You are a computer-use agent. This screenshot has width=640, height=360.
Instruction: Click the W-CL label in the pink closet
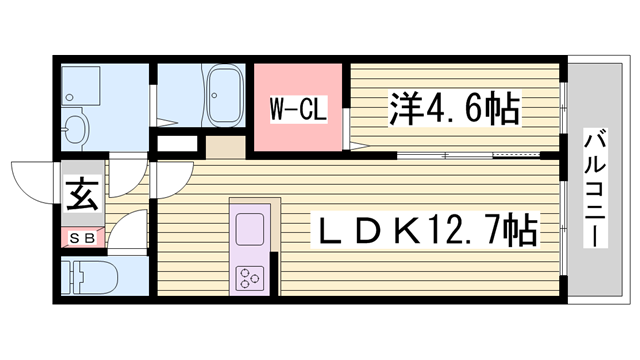tap(298, 109)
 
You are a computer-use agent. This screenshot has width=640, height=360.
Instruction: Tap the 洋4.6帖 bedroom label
tap(452, 108)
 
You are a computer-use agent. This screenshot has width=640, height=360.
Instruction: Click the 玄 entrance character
tap(81, 191)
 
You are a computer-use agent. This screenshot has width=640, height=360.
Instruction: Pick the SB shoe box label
tap(81, 237)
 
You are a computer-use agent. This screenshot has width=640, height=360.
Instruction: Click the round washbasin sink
tap(75, 129)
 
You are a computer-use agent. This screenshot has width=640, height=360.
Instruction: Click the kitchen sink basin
tap(247, 230)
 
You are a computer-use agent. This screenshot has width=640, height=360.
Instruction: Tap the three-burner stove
tap(248, 276)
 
